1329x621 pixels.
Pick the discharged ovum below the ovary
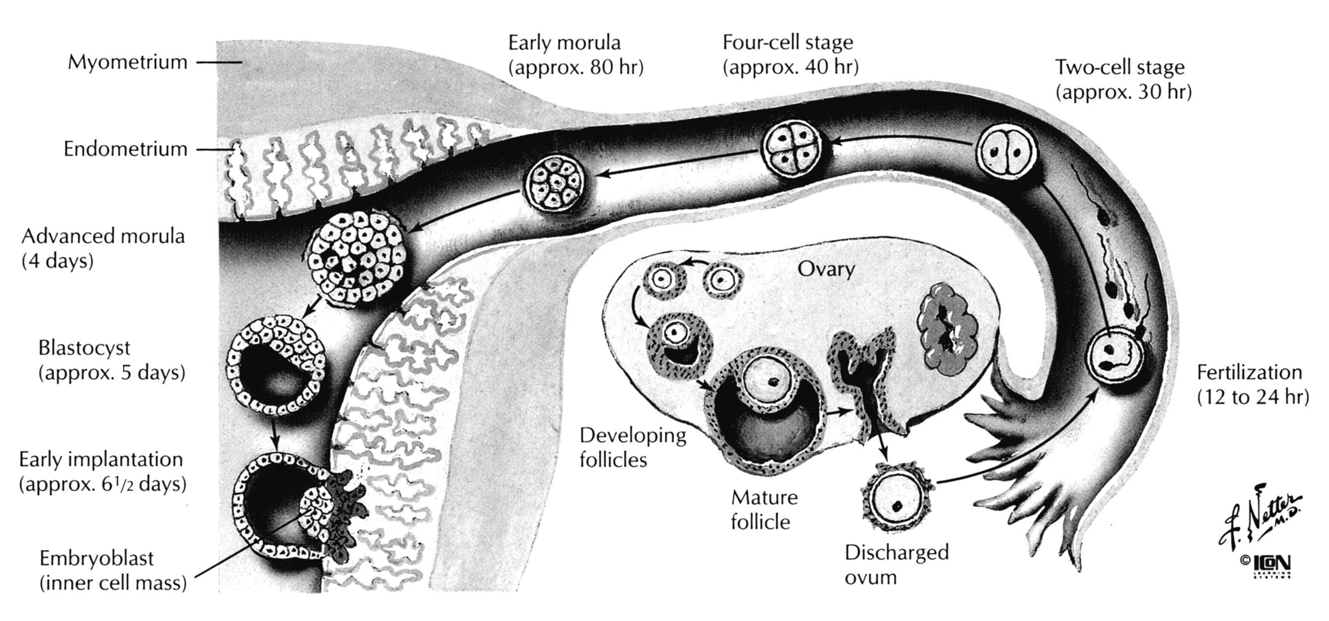click(898, 499)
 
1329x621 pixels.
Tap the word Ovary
click(826, 269)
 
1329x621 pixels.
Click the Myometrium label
click(127, 62)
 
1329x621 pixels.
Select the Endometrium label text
click(125, 149)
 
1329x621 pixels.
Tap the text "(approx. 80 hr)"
click(576, 68)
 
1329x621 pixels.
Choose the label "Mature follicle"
click(764, 509)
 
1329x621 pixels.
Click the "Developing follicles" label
click(633, 447)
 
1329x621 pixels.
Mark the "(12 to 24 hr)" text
click(1252, 397)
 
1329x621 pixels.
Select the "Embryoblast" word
click(97, 558)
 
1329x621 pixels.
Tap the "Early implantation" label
click(101, 459)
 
